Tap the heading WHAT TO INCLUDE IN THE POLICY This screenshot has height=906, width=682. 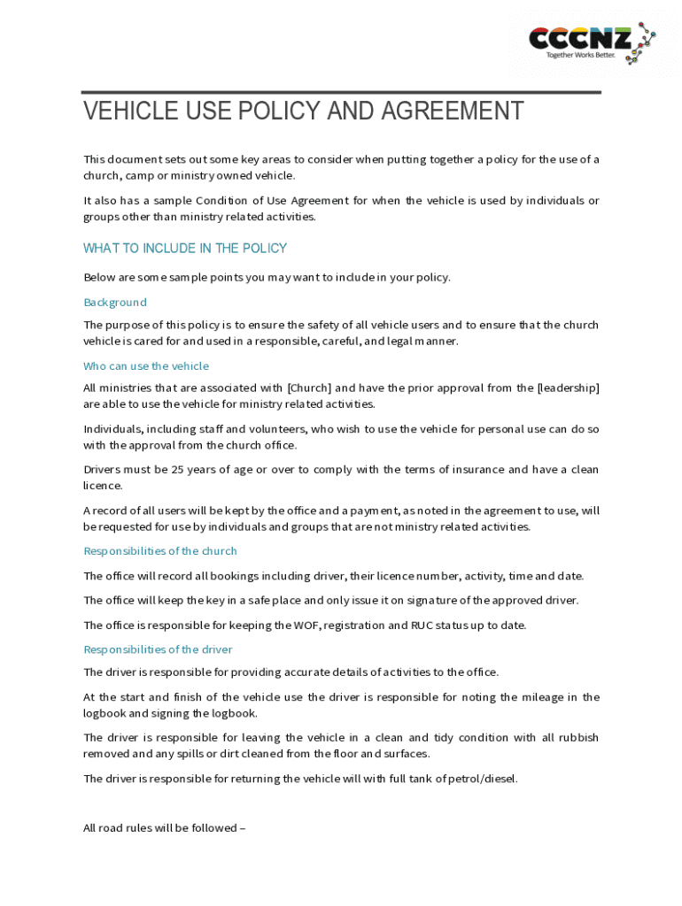(x=185, y=249)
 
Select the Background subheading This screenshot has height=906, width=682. (x=115, y=303)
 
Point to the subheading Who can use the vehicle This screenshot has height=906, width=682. (x=146, y=366)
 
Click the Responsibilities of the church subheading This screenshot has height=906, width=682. (x=160, y=551)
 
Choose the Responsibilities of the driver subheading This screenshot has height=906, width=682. (x=158, y=650)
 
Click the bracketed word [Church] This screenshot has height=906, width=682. (x=308, y=388)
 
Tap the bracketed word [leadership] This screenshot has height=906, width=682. (x=568, y=388)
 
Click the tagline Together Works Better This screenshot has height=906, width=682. (x=580, y=55)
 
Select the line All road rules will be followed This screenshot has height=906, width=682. (x=164, y=829)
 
